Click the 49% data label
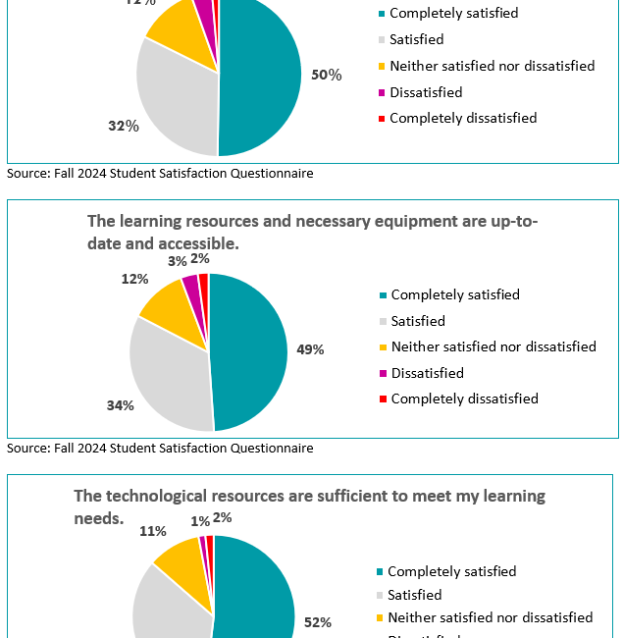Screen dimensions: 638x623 (310, 349)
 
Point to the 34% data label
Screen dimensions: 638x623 (122, 405)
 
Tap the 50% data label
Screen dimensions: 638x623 (326, 75)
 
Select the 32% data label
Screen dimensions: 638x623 (124, 126)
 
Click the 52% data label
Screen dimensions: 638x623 (318, 621)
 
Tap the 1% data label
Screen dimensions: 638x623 (200, 521)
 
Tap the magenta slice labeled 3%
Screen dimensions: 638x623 (192, 286)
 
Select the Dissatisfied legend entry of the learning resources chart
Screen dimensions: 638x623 (427, 373)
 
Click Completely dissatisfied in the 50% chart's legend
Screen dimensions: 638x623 (462, 118)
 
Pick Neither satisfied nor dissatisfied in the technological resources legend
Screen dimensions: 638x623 (490, 617)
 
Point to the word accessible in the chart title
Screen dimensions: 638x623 (197, 241)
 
